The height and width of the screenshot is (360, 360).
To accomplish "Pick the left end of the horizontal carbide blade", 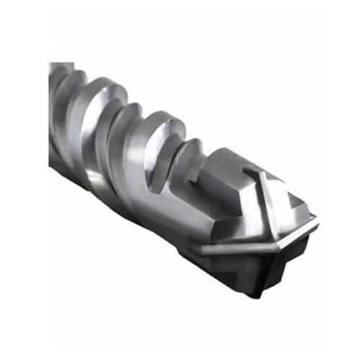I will (x=204, y=249).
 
